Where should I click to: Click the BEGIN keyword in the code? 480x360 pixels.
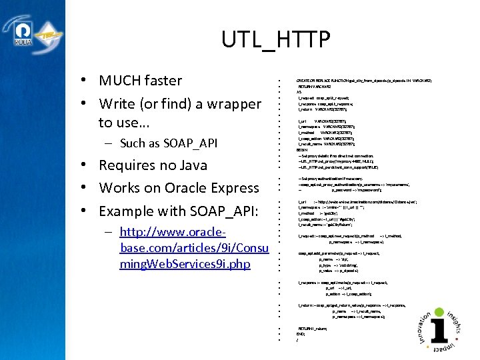tap(301, 149)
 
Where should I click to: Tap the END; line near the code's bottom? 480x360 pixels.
tap(301, 334)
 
